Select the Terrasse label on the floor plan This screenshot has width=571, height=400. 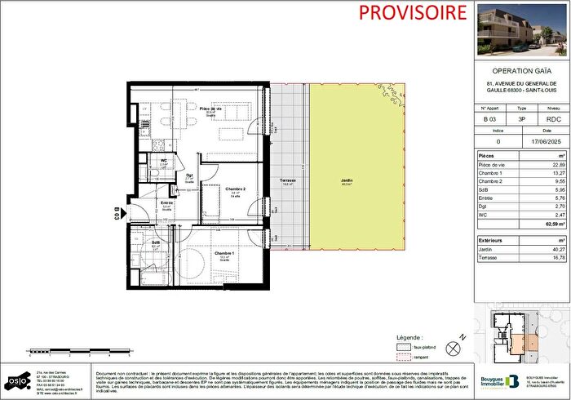[288, 181]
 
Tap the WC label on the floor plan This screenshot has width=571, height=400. [164, 161]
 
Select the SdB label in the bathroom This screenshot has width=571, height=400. [156, 242]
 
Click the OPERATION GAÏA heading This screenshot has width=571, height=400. [524, 71]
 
